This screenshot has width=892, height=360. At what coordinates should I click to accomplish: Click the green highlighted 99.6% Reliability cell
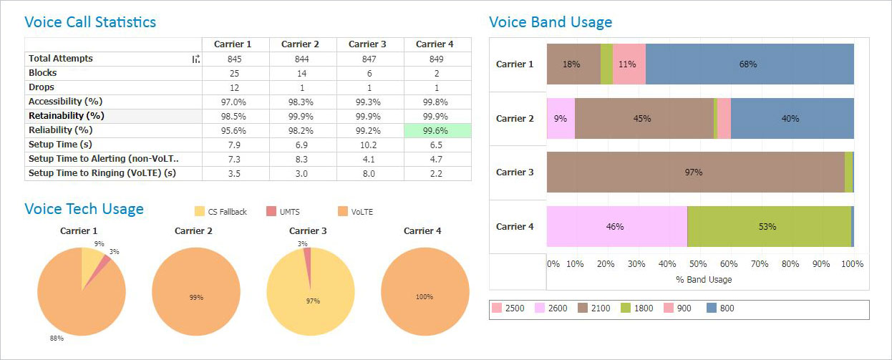(x=437, y=130)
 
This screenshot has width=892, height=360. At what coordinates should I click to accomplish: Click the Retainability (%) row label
(x=67, y=116)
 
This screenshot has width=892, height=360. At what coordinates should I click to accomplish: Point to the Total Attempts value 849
(x=437, y=59)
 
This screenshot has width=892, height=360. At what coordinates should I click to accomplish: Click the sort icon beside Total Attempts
(x=195, y=59)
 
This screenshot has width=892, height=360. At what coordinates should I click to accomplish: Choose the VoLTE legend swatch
(x=342, y=212)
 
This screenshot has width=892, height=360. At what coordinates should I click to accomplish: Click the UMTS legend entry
(x=285, y=212)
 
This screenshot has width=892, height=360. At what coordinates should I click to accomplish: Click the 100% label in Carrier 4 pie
(x=425, y=296)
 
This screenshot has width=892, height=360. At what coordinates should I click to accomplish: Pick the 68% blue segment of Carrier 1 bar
(x=749, y=64)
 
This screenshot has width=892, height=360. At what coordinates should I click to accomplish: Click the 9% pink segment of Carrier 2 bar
(x=561, y=119)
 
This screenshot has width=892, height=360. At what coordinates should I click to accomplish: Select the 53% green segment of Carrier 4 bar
(x=768, y=227)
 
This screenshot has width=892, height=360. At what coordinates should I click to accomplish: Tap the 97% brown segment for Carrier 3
(x=694, y=172)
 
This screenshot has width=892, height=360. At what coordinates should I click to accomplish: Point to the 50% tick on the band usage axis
(x=699, y=264)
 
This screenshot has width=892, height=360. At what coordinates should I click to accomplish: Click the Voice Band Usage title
(x=551, y=22)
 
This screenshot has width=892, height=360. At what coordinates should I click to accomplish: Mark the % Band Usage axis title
(x=704, y=280)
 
